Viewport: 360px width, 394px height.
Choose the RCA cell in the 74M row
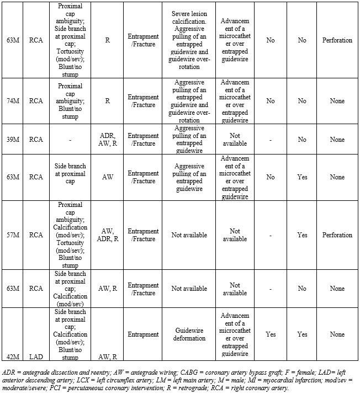pos(36,101)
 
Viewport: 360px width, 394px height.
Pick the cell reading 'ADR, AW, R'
pos(107,140)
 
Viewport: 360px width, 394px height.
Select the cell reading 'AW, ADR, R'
pos(107,235)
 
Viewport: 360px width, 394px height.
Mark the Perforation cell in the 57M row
pos(337,235)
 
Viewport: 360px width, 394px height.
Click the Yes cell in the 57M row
pos(302,235)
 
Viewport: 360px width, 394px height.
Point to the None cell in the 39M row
pos(337,140)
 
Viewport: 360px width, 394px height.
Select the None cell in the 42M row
pos(337,334)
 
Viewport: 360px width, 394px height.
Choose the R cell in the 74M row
pos(107,101)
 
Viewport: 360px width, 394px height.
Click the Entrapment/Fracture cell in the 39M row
pos(144,140)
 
